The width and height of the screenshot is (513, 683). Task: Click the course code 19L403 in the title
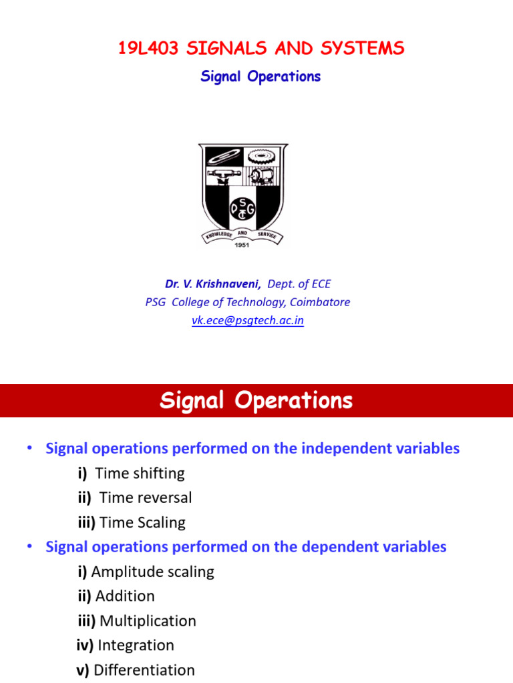click(147, 48)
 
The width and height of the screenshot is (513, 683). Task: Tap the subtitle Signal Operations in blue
click(261, 77)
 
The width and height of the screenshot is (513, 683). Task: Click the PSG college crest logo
click(243, 193)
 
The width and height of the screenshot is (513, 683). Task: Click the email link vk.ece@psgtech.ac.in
click(248, 320)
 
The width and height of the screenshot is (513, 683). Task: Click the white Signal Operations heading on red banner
click(256, 401)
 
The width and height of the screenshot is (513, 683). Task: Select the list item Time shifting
click(140, 474)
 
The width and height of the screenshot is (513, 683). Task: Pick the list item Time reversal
click(145, 498)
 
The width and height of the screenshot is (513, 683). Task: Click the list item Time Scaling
click(143, 522)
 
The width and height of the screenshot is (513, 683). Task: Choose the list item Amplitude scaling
click(152, 572)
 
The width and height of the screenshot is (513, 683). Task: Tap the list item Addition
click(125, 596)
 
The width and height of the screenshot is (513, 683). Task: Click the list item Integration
click(136, 646)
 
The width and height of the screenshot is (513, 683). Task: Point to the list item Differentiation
click(144, 670)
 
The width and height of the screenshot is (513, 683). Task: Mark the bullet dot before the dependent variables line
click(30, 546)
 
